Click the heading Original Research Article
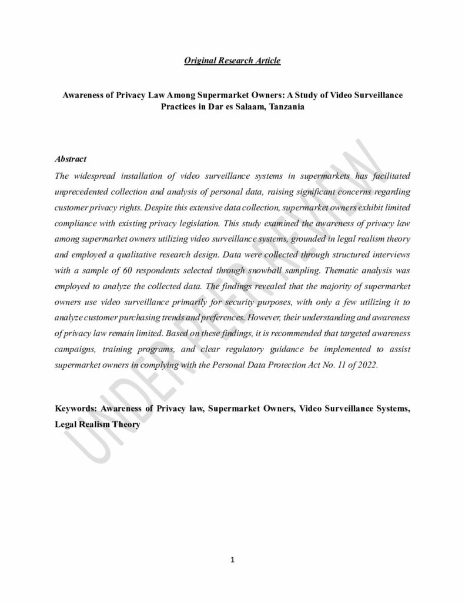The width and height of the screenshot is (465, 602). (x=232, y=61)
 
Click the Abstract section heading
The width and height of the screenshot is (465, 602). (x=71, y=159)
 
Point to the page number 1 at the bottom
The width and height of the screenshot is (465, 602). (x=232, y=560)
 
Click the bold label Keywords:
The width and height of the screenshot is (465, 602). (x=76, y=407)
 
